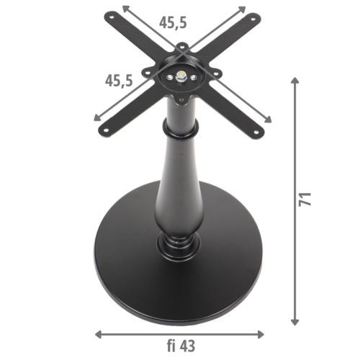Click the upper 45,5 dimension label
click(x=174, y=22)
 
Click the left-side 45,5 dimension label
click(x=118, y=79)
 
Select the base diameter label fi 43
click(x=179, y=346)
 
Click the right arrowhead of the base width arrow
click(x=262, y=334)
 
